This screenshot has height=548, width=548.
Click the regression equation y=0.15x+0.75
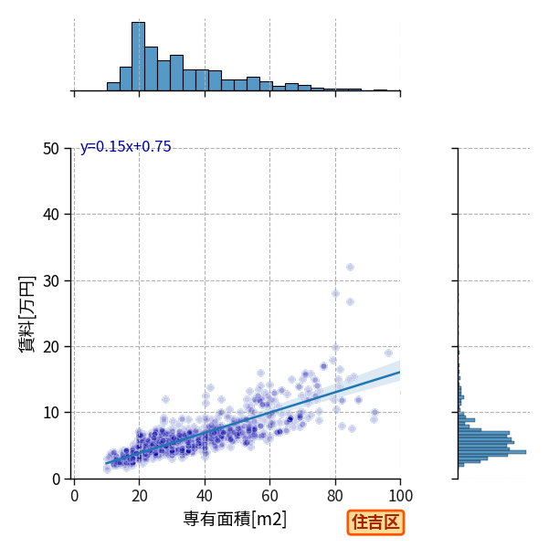[x=125, y=146]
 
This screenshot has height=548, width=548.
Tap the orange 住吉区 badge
[x=375, y=522]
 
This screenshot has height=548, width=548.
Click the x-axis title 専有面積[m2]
[x=235, y=519]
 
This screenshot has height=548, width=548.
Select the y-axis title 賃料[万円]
[x=26, y=314]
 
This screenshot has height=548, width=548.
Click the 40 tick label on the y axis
[x=51, y=215]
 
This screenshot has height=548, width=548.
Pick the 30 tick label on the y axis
[x=51, y=281]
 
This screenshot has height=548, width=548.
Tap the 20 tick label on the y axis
[x=51, y=347]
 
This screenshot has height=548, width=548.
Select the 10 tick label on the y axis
[x=51, y=413]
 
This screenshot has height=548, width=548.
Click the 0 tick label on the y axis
[x=56, y=479]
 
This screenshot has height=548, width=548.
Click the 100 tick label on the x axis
[x=401, y=496]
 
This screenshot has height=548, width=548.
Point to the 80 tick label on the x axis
[x=335, y=496]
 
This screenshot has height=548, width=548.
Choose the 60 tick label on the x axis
[x=269, y=496]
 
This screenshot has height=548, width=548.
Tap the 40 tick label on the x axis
[x=205, y=496]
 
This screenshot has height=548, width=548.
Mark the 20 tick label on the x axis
[x=140, y=496]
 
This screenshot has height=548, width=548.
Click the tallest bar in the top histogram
[x=139, y=57]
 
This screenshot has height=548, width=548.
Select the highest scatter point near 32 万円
[x=350, y=267]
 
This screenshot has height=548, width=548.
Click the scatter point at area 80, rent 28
[x=335, y=293]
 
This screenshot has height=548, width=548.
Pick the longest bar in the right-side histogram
[x=492, y=452]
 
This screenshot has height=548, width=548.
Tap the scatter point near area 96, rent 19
[x=388, y=353]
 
